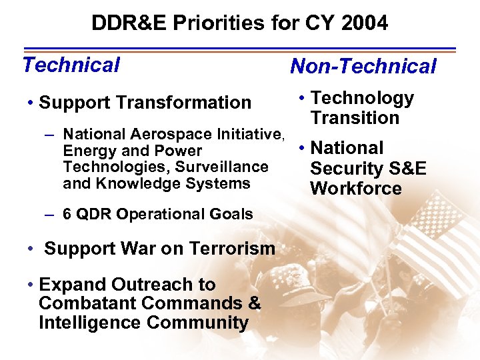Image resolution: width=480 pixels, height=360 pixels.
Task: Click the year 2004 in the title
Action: click(363, 23)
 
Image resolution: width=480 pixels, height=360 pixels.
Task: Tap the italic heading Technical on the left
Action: click(71, 65)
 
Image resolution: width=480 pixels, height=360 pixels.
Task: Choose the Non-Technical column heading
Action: click(363, 66)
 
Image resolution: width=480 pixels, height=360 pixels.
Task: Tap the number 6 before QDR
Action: click(67, 214)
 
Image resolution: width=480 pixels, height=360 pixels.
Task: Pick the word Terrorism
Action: click(235, 249)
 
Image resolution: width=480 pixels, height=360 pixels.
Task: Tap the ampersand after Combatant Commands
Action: click(254, 304)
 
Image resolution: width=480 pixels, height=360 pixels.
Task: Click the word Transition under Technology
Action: click(355, 118)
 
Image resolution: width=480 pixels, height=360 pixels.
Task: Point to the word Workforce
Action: click(356, 188)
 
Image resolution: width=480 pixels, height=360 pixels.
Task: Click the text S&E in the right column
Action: click(406, 168)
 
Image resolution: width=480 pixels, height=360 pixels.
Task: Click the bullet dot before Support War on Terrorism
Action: click(31, 249)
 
